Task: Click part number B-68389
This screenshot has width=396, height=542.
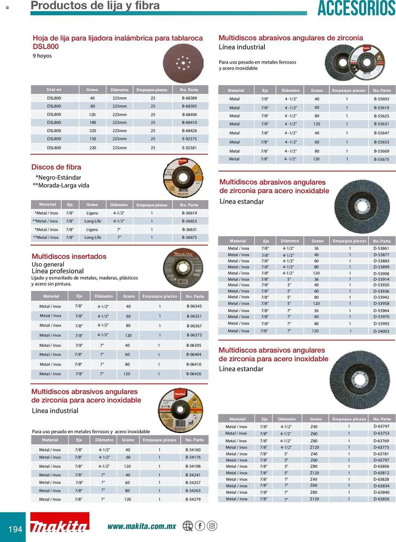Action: [x=189, y=98]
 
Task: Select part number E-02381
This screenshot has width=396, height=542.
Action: [x=189, y=148]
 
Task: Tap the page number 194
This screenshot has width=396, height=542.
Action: [x=15, y=529]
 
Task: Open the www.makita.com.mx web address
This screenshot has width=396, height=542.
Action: [x=142, y=526]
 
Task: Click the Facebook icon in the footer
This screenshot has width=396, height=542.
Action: [x=200, y=526]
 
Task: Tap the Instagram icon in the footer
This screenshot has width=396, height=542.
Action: [x=212, y=526]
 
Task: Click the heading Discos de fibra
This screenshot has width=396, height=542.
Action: [x=56, y=167]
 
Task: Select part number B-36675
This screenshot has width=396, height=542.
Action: [x=189, y=237]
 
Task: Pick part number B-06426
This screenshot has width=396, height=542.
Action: [x=194, y=374]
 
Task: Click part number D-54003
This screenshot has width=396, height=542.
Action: [x=381, y=331]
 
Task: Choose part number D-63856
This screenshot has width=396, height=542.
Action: [x=381, y=499]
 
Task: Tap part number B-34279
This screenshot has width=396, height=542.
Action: [x=193, y=499]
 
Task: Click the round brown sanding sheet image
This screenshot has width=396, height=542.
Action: [x=183, y=63]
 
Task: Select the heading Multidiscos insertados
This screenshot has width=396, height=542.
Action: [x=69, y=256]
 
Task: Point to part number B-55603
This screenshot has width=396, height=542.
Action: [x=381, y=99]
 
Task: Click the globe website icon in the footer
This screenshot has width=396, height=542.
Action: [x=187, y=526]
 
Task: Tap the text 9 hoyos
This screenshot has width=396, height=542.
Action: [x=42, y=56]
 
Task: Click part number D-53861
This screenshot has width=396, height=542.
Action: [x=381, y=248]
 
